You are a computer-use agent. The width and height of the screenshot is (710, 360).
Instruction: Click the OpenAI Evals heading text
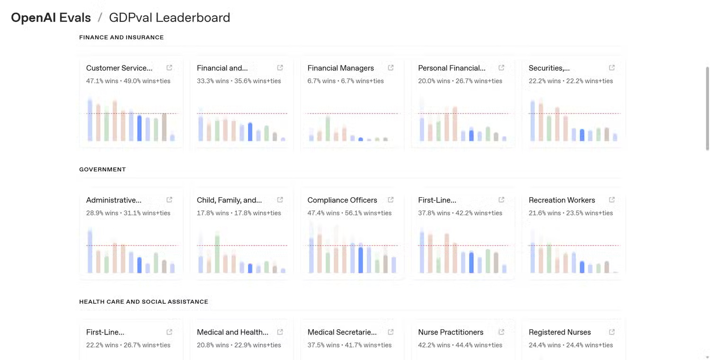coord(51,18)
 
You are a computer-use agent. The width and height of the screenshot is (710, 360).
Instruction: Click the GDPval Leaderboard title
coord(169,18)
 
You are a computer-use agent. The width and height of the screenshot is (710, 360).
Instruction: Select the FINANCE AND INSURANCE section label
coord(121,37)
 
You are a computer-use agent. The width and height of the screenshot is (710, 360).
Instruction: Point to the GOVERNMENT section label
coord(102,169)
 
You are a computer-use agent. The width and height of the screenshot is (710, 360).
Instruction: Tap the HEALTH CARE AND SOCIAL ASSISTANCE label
coord(143,302)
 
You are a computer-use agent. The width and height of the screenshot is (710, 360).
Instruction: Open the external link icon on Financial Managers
coord(390,68)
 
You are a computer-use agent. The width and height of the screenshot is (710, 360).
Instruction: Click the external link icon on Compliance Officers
coord(390,200)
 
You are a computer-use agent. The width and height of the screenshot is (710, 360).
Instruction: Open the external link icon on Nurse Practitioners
coord(501,332)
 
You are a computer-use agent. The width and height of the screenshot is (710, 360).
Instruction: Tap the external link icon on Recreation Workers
coord(612,200)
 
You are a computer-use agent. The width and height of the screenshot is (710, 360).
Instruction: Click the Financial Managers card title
coord(340,68)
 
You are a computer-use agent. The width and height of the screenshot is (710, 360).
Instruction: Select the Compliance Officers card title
coord(342,200)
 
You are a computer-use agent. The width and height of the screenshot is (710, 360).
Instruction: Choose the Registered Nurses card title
coord(559,332)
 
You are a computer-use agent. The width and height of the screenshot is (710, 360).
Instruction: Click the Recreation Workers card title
coord(561,200)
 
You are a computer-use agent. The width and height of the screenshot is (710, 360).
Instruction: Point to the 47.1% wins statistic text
coord(102,81)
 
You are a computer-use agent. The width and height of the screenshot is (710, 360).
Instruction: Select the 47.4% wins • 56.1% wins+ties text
coord(349,213)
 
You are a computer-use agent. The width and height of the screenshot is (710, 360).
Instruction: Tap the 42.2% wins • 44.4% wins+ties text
coord(460,345)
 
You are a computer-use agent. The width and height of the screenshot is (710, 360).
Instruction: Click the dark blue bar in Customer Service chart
coord(139,128)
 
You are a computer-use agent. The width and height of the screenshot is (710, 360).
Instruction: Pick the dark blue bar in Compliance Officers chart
coord(361,260)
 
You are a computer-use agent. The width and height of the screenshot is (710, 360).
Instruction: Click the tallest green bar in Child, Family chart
coord(217,253)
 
